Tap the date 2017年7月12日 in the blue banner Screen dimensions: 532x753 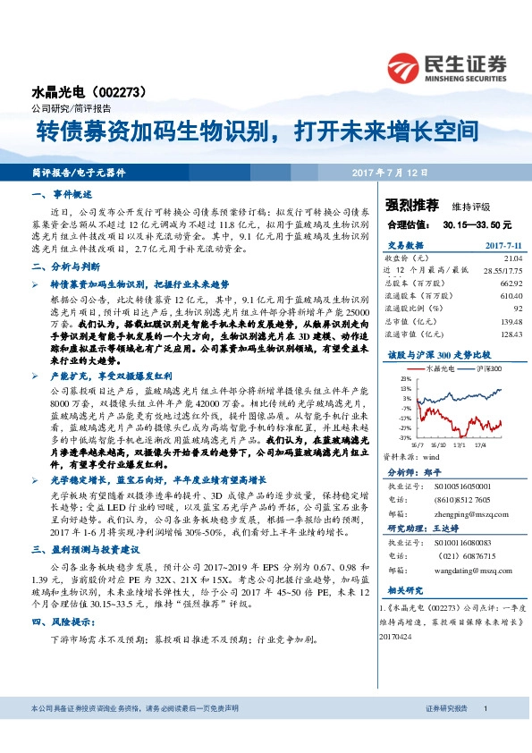coord(391,172)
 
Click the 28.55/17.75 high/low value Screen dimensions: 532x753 coord(502,269)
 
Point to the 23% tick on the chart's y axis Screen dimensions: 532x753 coord(406,379)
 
